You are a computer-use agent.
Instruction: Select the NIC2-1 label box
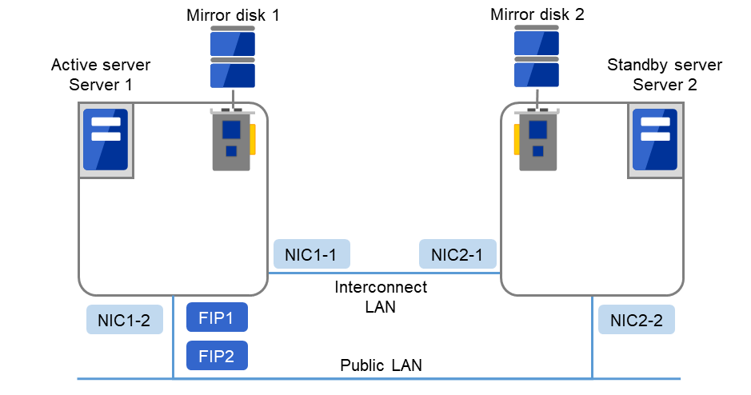[x=457, y=254]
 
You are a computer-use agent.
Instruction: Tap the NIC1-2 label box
[x=124, y=321]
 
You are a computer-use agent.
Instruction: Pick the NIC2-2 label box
[x=636, y=321]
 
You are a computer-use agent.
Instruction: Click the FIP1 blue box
[x=217, y=317]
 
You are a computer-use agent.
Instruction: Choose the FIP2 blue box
[x=217, y=355]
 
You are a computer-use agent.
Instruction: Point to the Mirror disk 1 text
[x=233, y=15]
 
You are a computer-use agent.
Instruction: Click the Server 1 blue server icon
[x=106, y=140]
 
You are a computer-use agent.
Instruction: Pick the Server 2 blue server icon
[x=654, y=140]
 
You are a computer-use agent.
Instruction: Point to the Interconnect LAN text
[x=381, y=297]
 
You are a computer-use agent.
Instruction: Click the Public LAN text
[x=381, y=366]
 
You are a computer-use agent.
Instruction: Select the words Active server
[x=101, y=65]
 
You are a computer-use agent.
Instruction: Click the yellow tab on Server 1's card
[x=253, y=139]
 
